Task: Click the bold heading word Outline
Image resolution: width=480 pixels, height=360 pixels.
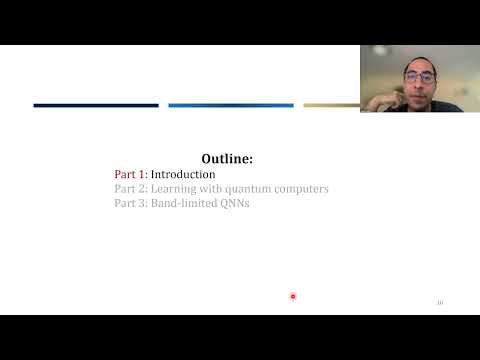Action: pos(226,158)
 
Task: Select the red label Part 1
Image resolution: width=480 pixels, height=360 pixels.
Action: pos(130,174)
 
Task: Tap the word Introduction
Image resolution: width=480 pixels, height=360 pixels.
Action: pos(183,174)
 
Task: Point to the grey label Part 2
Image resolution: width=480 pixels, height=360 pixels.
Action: pos(130,188)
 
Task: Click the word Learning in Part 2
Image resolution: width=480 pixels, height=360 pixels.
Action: pos(177,188)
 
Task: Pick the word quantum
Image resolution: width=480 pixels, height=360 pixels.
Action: pos(252,188)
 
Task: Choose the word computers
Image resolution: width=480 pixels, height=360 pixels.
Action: pos(303,188)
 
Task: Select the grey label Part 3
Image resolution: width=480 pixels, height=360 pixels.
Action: pos(130,203)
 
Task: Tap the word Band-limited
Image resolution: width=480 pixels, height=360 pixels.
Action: pos(190,203)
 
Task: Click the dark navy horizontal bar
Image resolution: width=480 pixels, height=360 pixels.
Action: pos(96,105)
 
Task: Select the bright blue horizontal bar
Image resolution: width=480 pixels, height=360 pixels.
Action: pos(230,105)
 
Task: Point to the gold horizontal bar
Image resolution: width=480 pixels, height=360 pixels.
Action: pos(331,105)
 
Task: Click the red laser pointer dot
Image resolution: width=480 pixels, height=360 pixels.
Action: pos(293,296)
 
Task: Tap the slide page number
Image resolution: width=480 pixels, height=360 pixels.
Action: pos(439,303)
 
